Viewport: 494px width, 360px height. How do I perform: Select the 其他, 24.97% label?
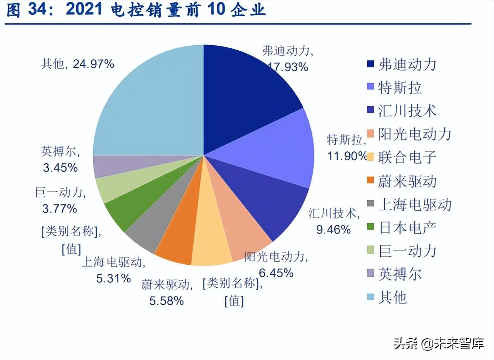77,64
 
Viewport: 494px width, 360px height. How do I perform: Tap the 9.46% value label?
333,230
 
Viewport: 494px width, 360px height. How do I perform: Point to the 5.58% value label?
166,300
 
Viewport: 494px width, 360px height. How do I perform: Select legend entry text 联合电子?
407,157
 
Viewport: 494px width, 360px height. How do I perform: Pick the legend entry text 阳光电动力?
415,134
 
